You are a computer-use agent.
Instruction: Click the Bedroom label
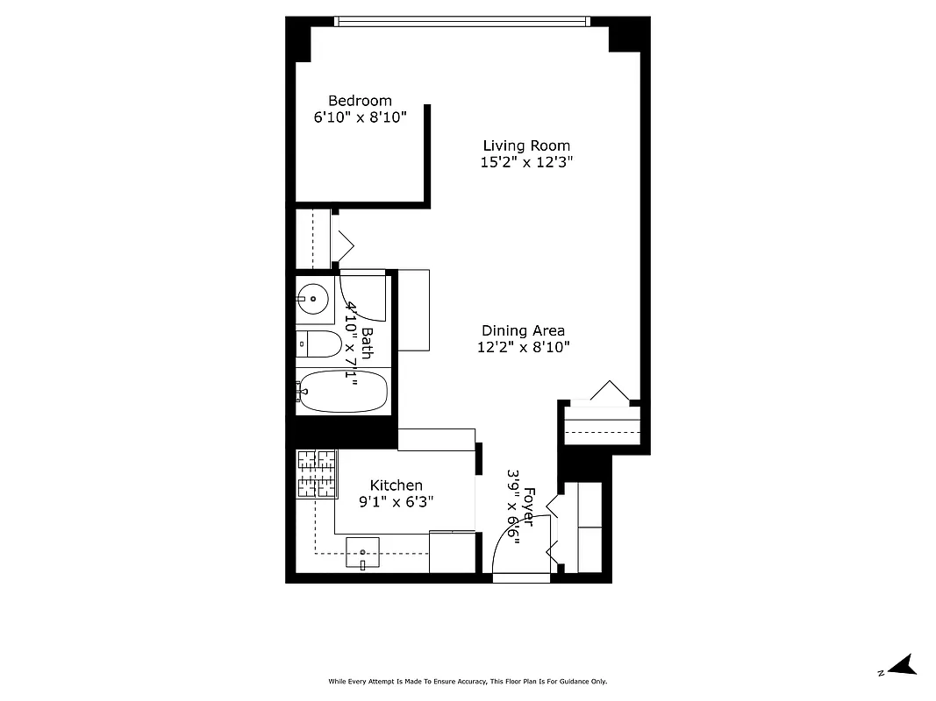[360, 101]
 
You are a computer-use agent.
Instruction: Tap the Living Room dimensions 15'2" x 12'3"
[526, 162]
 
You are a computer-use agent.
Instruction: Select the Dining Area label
[523, 330]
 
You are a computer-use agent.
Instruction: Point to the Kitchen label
[396, 485]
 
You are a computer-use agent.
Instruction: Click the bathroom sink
[312, 299]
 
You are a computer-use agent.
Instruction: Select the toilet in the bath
[318, 344]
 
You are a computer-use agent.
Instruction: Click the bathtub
[342, 392]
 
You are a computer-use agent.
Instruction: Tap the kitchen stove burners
[317, 474]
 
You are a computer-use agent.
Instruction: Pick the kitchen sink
[362, 555]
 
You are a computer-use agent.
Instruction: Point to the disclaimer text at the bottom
[468, 681]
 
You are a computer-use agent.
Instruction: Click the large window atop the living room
[461, 21]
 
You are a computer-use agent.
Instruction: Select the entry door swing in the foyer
[518, 548]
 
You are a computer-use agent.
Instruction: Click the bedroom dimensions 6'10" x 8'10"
[360, 117]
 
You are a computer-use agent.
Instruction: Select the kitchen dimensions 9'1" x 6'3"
[396, 502]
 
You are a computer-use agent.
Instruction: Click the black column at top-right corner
[628, 35]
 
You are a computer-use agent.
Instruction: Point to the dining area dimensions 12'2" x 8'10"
[523, 347]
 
